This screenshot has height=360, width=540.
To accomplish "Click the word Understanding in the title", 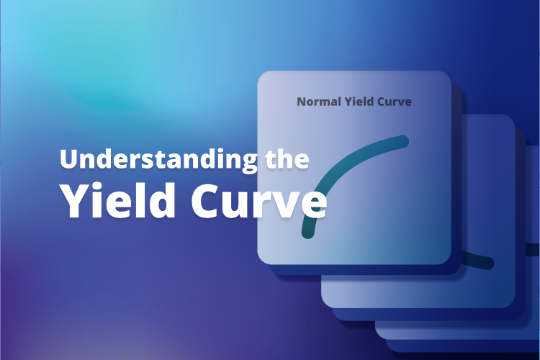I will [x=156, y=159].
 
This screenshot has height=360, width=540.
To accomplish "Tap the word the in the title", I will [x=285, y=159].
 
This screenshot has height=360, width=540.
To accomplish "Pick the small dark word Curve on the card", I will [x=395, y=102].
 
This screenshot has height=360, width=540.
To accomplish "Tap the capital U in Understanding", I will [x=68, y=159].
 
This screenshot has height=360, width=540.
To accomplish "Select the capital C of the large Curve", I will [x=207, y=201].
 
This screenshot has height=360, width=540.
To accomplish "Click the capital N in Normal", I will [x=302, y=102].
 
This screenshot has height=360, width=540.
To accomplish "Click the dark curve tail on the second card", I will [x=480, y=260].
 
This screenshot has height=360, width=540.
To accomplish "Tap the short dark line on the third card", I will [x=532, y=250].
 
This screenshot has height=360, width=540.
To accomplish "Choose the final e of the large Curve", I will [x=312, y=205].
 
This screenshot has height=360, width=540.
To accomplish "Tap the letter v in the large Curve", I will [x=285, y=205].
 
